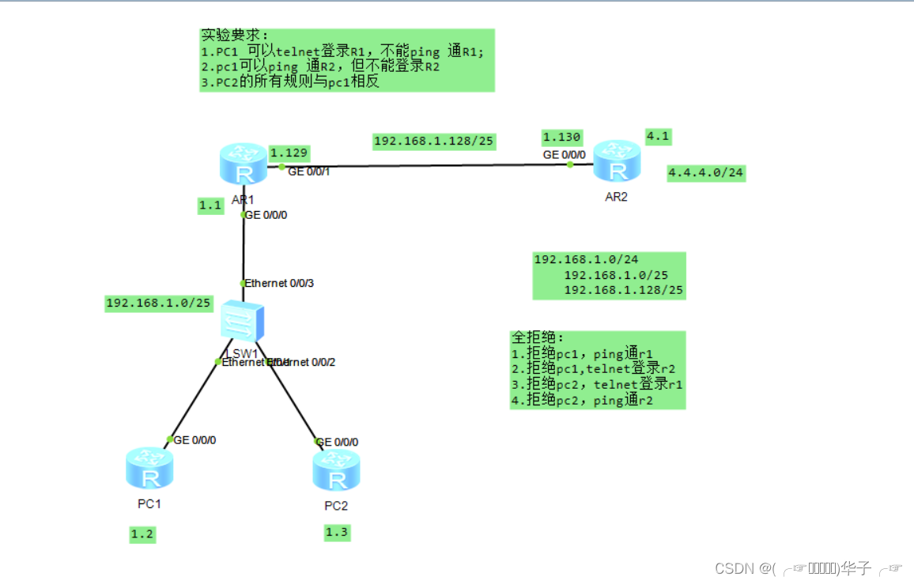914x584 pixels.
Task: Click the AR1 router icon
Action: coord(243,164)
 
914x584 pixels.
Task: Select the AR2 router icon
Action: coord(616,160)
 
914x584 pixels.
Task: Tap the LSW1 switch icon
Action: coord(242,322)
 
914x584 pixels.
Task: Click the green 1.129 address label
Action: coord(289,153)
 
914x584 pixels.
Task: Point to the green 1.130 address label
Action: coord(561,137)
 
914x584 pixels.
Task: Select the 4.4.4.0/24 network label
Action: coord(706,172)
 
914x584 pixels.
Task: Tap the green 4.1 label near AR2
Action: coord(658,136)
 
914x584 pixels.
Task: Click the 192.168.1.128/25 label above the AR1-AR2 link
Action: coord(434,141)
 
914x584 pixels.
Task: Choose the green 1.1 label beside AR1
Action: coord(210,205)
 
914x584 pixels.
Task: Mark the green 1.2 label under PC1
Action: coord(142,535)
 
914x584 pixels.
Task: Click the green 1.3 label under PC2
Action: coord(336,532)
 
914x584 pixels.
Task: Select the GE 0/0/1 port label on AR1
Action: coord(308,171)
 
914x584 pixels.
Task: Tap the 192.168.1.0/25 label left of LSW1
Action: coord(158,303)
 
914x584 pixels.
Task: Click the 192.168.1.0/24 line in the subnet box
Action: coord(586,259)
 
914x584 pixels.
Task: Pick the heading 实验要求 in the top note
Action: coord(235,36)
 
